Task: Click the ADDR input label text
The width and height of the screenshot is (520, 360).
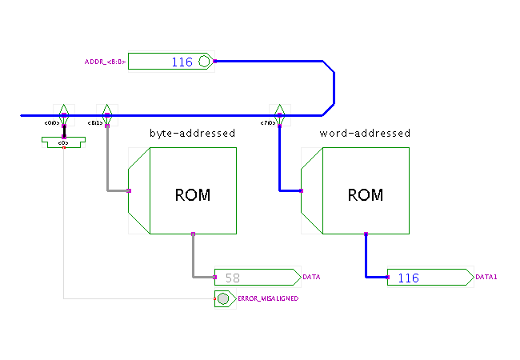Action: pos(105,62)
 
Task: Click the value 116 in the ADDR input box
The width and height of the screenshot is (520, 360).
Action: pos(182,62)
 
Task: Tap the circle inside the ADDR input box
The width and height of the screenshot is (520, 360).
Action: pos(204,62)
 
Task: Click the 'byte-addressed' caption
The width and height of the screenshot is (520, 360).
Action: pos(192,133)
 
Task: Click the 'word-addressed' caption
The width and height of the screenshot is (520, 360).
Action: pos(365,133)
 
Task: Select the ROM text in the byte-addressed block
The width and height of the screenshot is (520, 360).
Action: pos(192,194)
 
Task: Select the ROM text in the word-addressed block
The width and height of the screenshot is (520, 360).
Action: pos(365,194)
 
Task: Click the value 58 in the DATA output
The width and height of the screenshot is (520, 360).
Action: pos(233,278)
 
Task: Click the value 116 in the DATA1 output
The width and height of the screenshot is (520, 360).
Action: pos(408,278)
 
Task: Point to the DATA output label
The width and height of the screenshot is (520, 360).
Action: pos(311,278)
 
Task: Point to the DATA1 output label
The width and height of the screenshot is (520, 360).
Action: pos(486,278)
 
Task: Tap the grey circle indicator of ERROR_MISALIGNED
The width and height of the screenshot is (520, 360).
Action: pos(223,298)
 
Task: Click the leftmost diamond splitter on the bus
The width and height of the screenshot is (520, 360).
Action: pos(63,113)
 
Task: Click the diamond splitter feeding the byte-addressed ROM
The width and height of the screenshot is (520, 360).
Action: pos(106,113)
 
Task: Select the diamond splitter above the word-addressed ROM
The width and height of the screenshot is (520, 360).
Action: pos(279,113)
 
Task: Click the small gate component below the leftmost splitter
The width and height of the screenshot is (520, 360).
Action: pos(63,142)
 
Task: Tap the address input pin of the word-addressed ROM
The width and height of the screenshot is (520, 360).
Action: pos(302,190)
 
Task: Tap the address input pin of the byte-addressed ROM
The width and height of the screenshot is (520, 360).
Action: pos(129,190)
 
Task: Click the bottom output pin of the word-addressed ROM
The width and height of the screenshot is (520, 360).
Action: pos(366,234)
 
